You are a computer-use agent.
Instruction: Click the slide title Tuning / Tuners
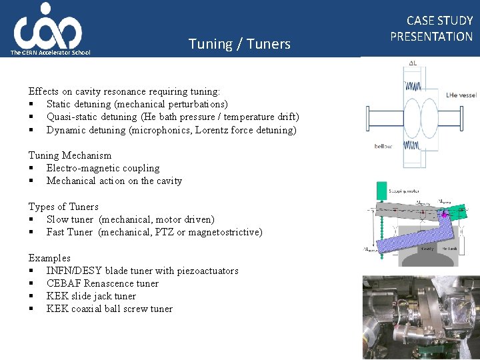pyautogui.click(x=239, y=44)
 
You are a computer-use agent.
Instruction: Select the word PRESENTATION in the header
pyautogui.click(x=431, y=37)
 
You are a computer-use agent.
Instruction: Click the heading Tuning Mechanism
pyautogui.click(x=70, y=155)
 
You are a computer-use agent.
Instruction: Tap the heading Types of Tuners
pyautogui.click(x=63, y=207)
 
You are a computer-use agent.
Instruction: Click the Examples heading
pyautogui.click(x=49, y=258)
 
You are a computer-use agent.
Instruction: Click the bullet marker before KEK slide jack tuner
pyautogui.click(x=31, y=296)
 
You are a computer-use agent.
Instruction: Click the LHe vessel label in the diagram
pyautogui.click(x=461, y=95)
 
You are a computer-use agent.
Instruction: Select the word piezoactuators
pyautogui.click(x=205, y=271)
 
